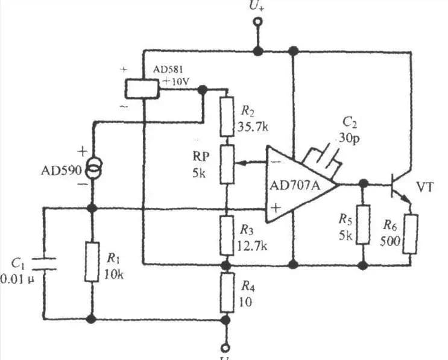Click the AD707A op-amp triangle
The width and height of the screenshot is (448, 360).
(298, 184)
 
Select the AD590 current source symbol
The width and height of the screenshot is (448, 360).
(92, 170)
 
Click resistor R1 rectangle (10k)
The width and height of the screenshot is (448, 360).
(92, 262)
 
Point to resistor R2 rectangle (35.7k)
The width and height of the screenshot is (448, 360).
(226, 116)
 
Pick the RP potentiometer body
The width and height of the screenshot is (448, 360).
(226, 163)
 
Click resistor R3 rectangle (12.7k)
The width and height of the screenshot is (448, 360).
(226, 233)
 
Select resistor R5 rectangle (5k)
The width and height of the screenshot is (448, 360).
(362, 224)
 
